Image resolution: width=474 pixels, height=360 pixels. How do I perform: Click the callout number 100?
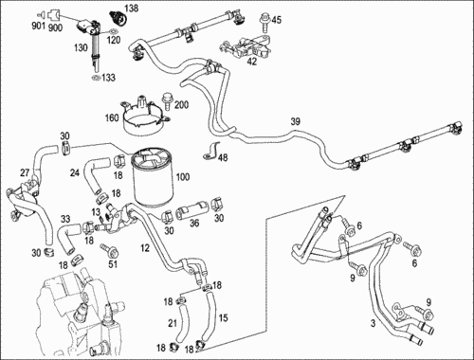click(183, 177)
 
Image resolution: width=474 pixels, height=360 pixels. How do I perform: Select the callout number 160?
click(112, 118)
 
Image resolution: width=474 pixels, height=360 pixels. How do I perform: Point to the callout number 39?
click(295, 121)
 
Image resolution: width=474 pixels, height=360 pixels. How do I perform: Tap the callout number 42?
click(252, 61)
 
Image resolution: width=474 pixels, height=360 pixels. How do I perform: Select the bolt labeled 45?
click(264, 23)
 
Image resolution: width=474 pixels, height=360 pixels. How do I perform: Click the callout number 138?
click(132, 8)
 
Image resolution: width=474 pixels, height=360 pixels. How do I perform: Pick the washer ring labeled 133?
click(96, 78)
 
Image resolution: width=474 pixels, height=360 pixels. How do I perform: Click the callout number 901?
click(39, 26)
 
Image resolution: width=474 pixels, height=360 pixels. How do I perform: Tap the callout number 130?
click(81, 47)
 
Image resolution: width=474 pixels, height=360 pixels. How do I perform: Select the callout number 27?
click(25, 172)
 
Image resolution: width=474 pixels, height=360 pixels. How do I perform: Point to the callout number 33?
click(65, 219)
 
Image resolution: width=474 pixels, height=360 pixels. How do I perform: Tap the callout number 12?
click(145, 248)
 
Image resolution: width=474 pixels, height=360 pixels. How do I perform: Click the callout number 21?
click(173, 323)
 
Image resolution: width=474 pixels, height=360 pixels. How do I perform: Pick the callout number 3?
click(374, 323)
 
